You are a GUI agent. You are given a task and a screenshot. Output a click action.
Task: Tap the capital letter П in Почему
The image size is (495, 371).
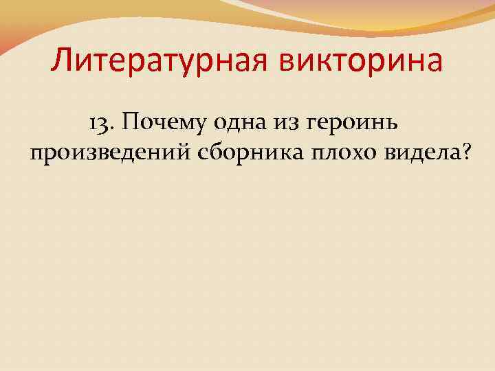click(x=125, y=122)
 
